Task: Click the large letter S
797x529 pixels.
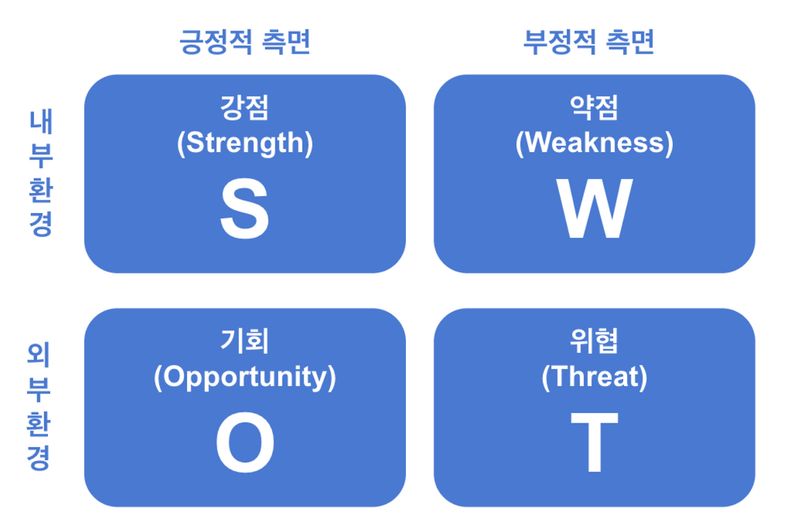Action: click(245, 208)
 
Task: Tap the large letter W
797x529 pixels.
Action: click(595, 208)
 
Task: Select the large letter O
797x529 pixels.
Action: click(245, 442)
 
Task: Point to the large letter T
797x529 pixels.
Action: click(595, 442)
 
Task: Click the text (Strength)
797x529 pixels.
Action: click(245, 143)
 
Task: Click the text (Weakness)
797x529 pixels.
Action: click(595, 143)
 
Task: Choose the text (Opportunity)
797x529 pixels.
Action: click(245, 378)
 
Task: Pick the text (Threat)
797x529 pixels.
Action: click(595, 377)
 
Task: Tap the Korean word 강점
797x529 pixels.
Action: click(245, 108)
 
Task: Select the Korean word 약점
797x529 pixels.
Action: click(594, 108)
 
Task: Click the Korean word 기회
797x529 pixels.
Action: click(245, 341)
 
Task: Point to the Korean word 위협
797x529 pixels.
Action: click(594, 341)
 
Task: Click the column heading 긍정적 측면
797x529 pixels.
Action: click(245, 42)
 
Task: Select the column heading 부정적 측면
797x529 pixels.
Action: click(589, 42)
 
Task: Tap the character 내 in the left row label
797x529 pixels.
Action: click(41, 122)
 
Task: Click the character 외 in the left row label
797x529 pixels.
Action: click(39, 355)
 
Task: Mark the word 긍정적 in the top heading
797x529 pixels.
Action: click(216, 42)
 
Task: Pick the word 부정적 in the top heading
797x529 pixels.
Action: click(560, 42)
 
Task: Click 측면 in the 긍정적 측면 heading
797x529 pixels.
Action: click(286, 42)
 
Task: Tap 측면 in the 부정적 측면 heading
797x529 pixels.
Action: click(630, 42)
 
